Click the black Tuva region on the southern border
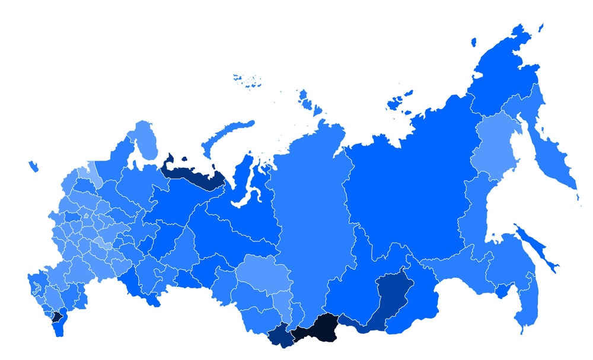pos(320,329)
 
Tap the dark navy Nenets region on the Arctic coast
pos(193,174)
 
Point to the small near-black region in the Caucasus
pos(56,316)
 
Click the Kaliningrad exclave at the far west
pos(33,167)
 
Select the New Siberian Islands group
pos(398,101)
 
